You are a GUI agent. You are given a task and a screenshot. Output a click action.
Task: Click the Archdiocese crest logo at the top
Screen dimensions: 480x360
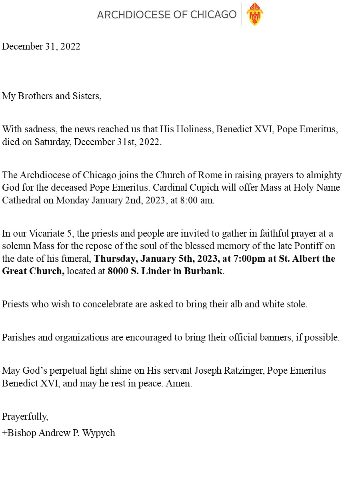click(x=254, y=14)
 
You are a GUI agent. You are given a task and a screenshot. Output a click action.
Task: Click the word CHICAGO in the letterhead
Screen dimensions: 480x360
click(x=213, y=15)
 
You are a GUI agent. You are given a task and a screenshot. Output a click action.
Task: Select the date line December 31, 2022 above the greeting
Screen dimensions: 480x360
click(x=41, y=46)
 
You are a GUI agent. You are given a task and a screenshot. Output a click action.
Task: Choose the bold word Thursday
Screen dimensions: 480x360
click(x=113, y=259)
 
